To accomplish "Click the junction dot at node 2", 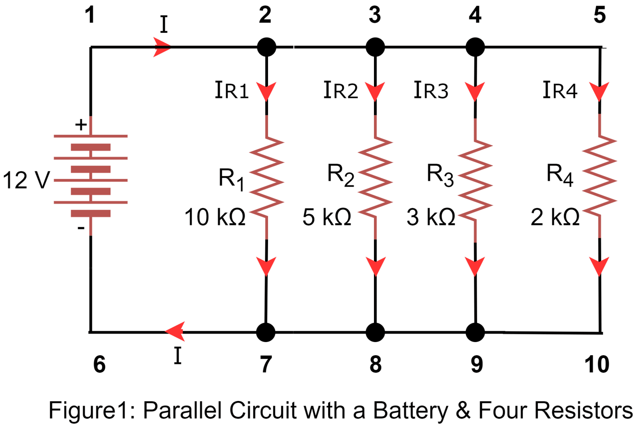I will tap(266, 47).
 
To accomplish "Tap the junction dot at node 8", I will tap(375, 332).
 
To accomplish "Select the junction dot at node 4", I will tap(475, 47).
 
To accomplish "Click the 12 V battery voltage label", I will tap(26, 180).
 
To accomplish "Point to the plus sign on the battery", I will tap(81, 125).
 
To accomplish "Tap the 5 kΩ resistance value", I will tap(327, 217).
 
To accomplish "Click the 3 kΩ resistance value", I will tap(431, 217).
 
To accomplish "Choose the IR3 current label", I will tap(431, 90).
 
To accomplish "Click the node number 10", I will tap(597, 364).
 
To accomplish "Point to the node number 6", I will tap(99, 364).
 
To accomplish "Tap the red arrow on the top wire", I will tap(162, 47).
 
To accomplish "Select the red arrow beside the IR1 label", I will tap(266, 92).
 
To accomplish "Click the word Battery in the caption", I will tap(410, 411).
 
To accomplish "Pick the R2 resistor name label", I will tap(340, 175).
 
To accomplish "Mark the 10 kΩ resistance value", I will tap(215, 217).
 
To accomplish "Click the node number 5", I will tap(599, 15).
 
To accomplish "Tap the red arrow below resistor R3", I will tap(475, 266).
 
